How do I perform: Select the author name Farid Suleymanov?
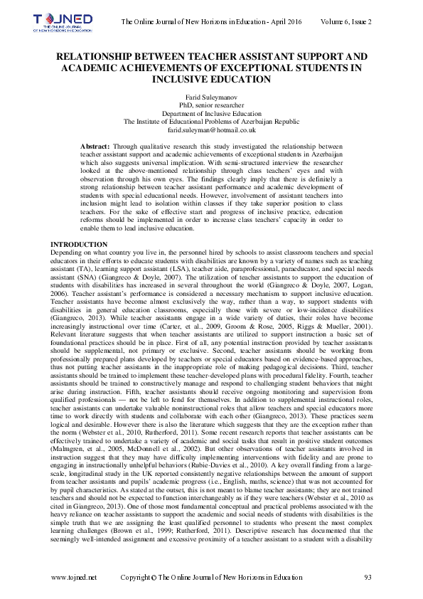tap(211, 96)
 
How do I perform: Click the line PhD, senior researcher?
tap(211, 105)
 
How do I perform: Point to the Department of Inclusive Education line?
tap(211, 113)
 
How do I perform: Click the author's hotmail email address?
tap(211, 130)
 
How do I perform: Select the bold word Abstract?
tap(96, 145)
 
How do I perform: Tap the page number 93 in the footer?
tap(368, 576)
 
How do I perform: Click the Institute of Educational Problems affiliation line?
tap(211, 122)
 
